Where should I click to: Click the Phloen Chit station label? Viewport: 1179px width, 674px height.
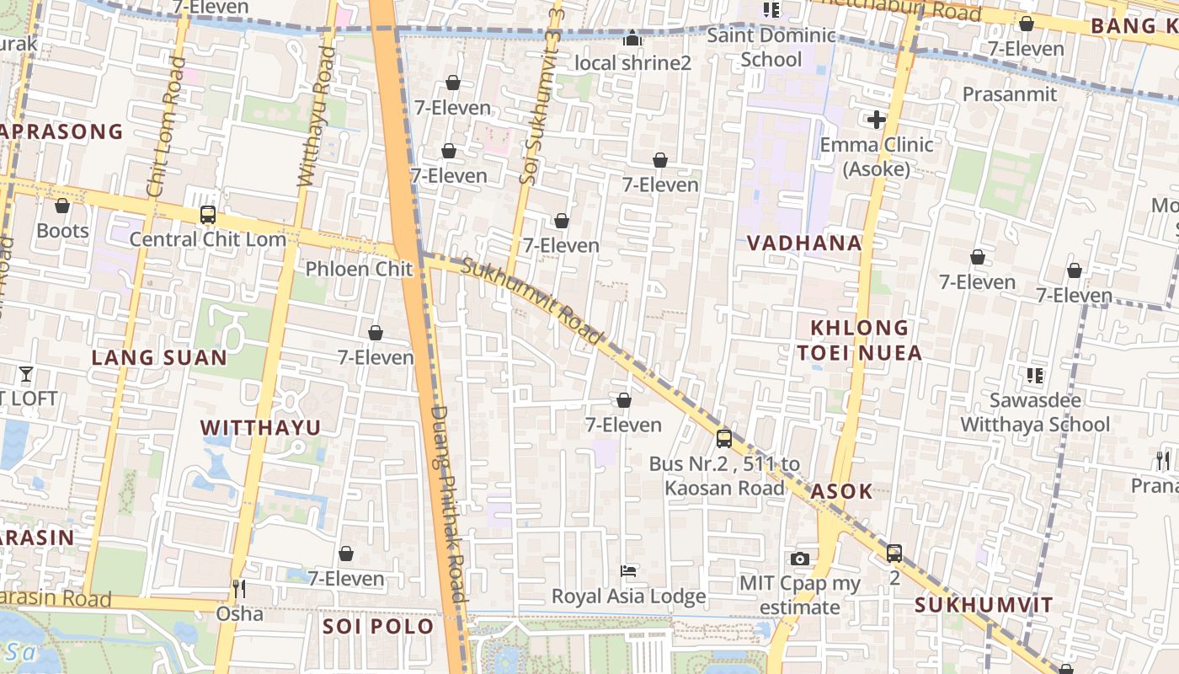[359, 269]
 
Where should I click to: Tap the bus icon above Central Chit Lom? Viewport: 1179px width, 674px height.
[208, 215]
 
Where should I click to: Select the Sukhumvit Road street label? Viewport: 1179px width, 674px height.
[534, 302]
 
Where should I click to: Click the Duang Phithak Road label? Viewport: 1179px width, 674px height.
[449, 504]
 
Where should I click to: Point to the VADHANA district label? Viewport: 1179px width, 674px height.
[804, 243]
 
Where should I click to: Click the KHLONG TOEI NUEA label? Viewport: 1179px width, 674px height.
[860, 340]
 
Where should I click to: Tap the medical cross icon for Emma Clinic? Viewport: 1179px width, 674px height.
[876, 120]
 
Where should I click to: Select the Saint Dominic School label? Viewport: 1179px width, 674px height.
[771, 47]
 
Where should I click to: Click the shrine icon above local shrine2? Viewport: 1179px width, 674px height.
[632, 39]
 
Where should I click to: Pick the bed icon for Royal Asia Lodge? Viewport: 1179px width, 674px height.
[628, 571]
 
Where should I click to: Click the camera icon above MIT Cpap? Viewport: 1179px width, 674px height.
[800, 559]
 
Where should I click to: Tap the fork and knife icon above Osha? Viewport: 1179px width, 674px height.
[239, 588]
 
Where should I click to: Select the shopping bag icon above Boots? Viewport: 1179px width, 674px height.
[62, 206]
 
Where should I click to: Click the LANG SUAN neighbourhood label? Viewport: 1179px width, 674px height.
[159, 357]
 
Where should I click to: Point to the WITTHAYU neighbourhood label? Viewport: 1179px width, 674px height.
[261, 428]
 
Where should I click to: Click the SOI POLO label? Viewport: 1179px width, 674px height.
[378, 626]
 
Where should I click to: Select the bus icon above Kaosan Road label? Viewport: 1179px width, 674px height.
[723, 438]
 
